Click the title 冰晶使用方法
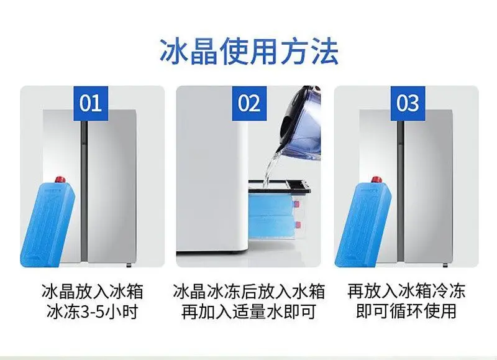pos(249,52)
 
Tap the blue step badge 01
pos(91,103)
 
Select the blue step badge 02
pos(249,103)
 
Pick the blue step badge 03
pos(408,103)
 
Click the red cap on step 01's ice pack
pos(60,180)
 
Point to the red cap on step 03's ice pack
pos(376,180)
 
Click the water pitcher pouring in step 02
pos(301,124)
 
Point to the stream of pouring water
pos(270,168)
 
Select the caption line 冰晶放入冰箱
pos(92,291)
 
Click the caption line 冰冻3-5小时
pos(92,311)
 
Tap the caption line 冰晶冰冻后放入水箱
pos(249,291)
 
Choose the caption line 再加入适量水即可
pos(249,311)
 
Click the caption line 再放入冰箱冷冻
pos(406,291)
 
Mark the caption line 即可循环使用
pos(406,311)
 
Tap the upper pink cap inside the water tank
pos(297,204)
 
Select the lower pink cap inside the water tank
pos(298,226)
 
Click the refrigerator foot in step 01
pos(129,265)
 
